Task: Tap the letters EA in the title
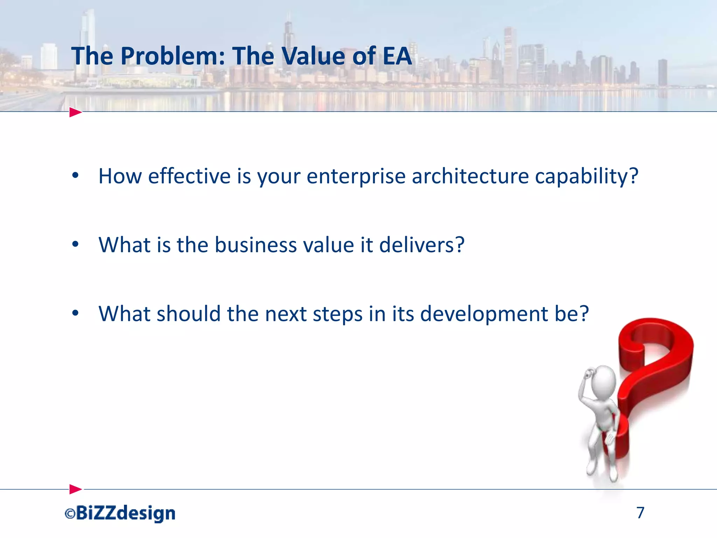397,56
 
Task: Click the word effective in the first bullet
189,176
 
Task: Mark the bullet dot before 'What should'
75,313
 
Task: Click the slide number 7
640,513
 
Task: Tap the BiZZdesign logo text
125,513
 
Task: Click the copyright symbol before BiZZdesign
70,514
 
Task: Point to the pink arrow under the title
75,112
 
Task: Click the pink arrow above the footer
75,489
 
